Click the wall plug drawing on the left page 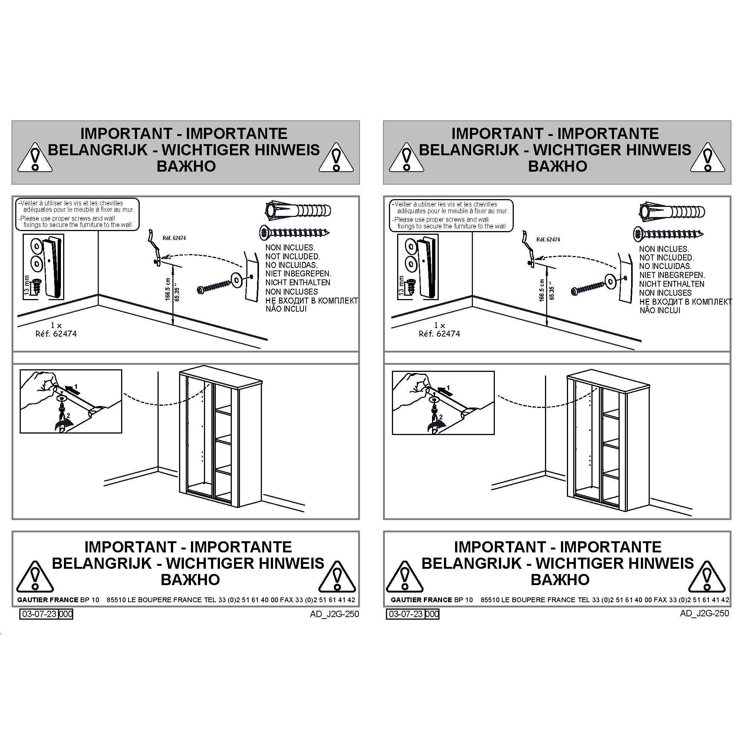pos(298,211)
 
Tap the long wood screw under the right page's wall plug pos(669,233)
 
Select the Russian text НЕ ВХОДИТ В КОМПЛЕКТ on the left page pos(312,300)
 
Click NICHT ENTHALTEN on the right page pos(672,284)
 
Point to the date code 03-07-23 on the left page pos(39,613)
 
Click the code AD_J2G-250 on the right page pos(704,613)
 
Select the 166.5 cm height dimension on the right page pos(542,291)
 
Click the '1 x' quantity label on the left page pos(56,325)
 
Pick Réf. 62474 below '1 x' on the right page pos(439,334)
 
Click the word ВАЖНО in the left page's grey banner pos(186,166)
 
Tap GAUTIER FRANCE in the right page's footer pos(422,600)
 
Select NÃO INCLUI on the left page pos(286,309)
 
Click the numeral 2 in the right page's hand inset pos(441,417)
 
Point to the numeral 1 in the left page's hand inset pos(76,386)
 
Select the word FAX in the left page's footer pos(286,600)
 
